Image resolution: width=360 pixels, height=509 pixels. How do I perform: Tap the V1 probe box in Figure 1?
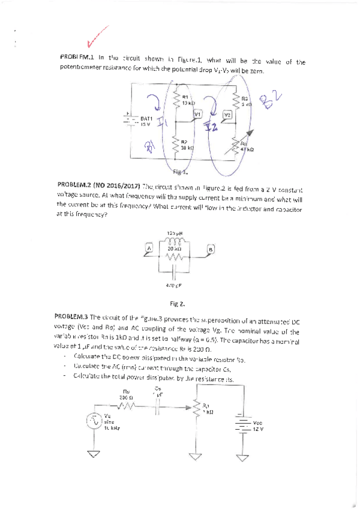tap(198, 113)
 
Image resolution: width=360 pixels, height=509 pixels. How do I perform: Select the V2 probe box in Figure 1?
tap(227, 114)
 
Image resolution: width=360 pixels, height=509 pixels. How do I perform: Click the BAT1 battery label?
tap(146, 119)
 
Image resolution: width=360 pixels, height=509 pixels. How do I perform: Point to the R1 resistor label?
tap(185, 97)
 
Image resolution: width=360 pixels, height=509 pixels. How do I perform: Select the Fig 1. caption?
tap(181, 171)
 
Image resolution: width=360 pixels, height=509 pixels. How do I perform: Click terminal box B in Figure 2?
tap(210, 249)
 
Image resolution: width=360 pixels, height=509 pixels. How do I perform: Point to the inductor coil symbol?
tap(175, 241)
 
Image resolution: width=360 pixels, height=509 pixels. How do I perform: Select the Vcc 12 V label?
tap(258, 426)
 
